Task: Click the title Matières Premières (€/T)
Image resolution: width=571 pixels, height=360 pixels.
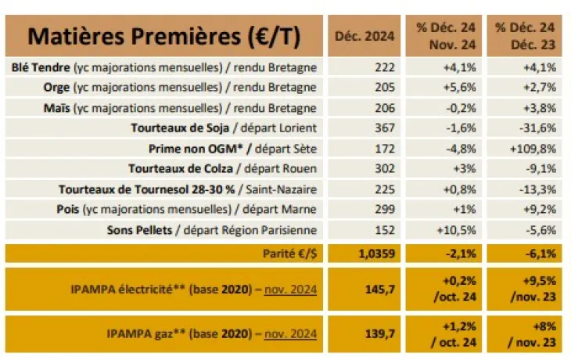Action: pyautogui.click(x=164, y=36)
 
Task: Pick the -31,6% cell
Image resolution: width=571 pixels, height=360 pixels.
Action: pyautogui.click(x=537, y=128)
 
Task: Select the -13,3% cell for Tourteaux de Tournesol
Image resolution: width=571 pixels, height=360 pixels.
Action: pyautogui.click(x=537, y=189)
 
